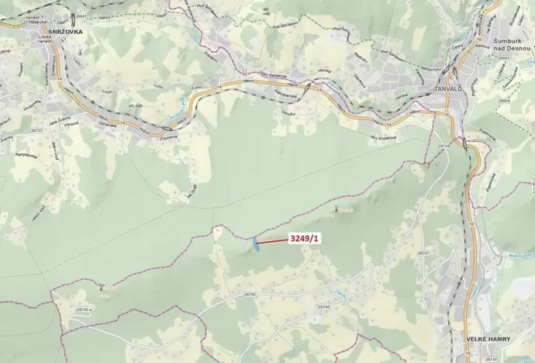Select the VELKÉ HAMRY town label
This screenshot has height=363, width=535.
tap(488, 339)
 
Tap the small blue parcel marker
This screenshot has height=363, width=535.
tap(254, 244)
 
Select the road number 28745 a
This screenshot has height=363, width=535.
tap(84, 309)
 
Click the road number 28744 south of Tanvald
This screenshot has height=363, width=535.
tap(444, 145)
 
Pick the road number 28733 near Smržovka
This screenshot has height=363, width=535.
tap(36, 131)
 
